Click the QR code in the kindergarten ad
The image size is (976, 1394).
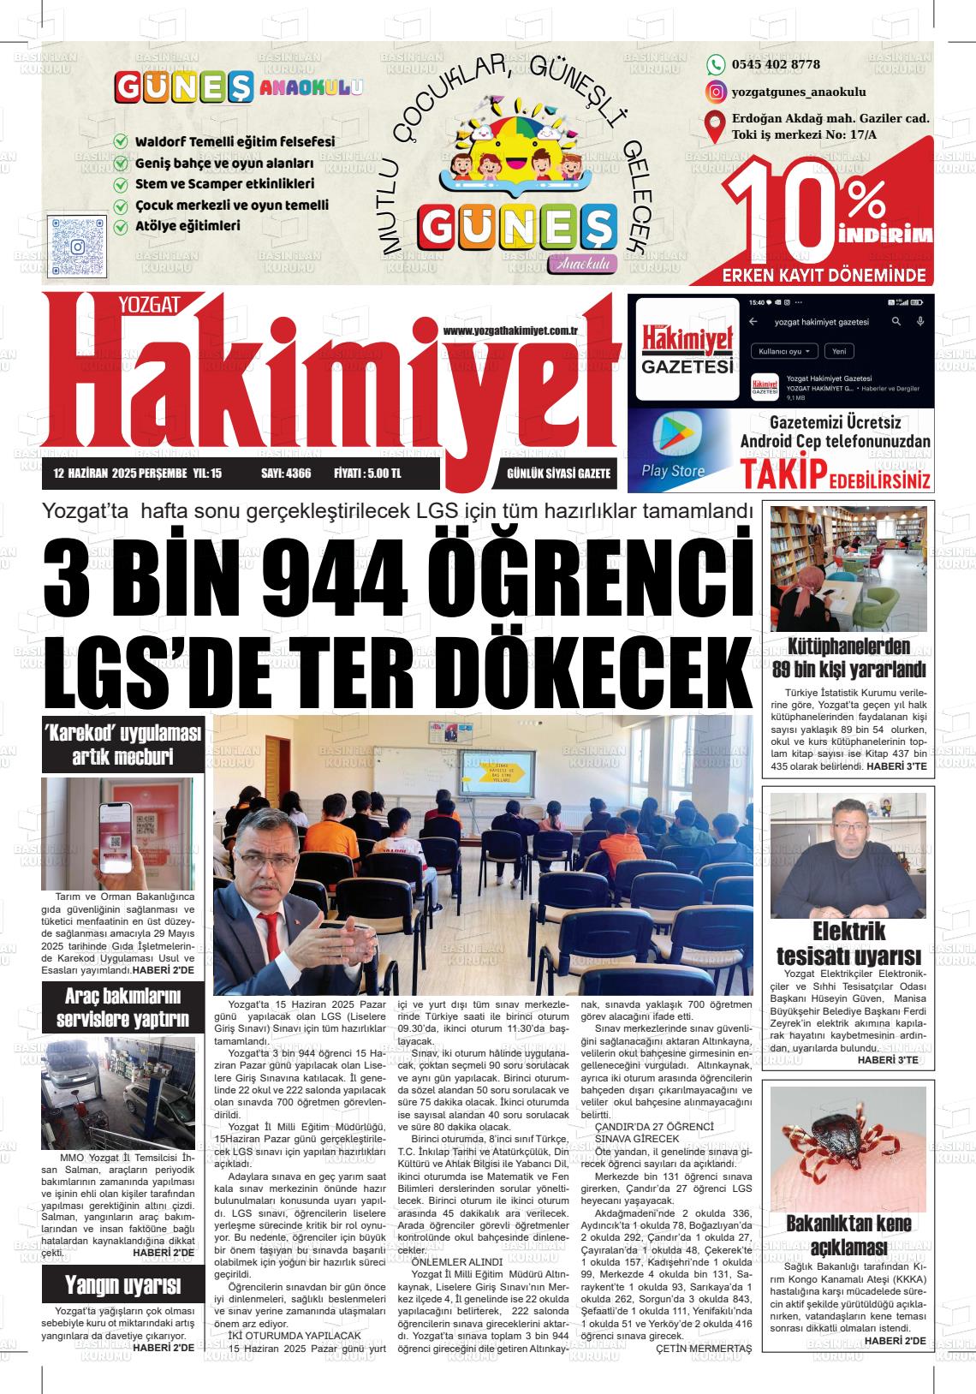click(77, 245)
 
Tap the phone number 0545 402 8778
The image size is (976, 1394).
click(776, 64)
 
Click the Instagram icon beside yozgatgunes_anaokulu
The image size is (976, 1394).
click(716, 92)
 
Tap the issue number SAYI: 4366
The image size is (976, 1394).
click(286, 473)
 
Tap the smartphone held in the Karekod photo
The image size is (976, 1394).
click(117, 832)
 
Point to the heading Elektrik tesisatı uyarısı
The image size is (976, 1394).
click(848, 943)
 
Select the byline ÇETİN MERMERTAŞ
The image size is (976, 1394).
click(703, 1349)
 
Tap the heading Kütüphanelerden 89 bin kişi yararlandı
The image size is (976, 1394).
click(848, 658)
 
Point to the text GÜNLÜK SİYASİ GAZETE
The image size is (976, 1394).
click(558, 473)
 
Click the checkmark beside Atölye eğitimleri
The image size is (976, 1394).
click(122, 227)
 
